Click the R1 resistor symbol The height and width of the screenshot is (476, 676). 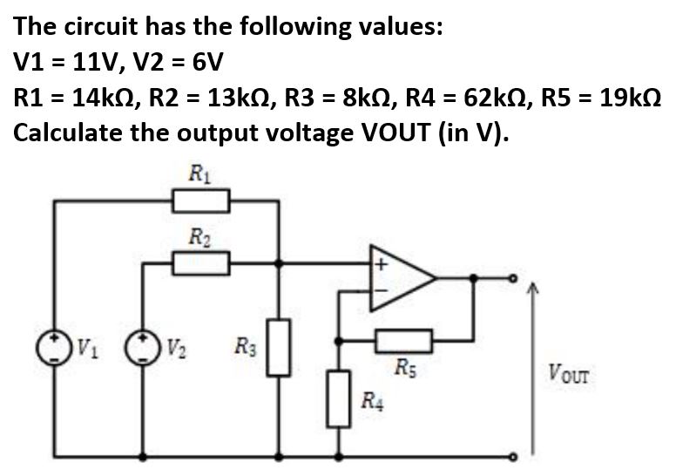(201, 202)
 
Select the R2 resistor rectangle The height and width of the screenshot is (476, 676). (201, 262)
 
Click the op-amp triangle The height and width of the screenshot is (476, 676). (402, 279)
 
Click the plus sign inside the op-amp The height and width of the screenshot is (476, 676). (380, 261)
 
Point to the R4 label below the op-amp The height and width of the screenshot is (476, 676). (371, 402)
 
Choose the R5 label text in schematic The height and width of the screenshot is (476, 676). (405, 364)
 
